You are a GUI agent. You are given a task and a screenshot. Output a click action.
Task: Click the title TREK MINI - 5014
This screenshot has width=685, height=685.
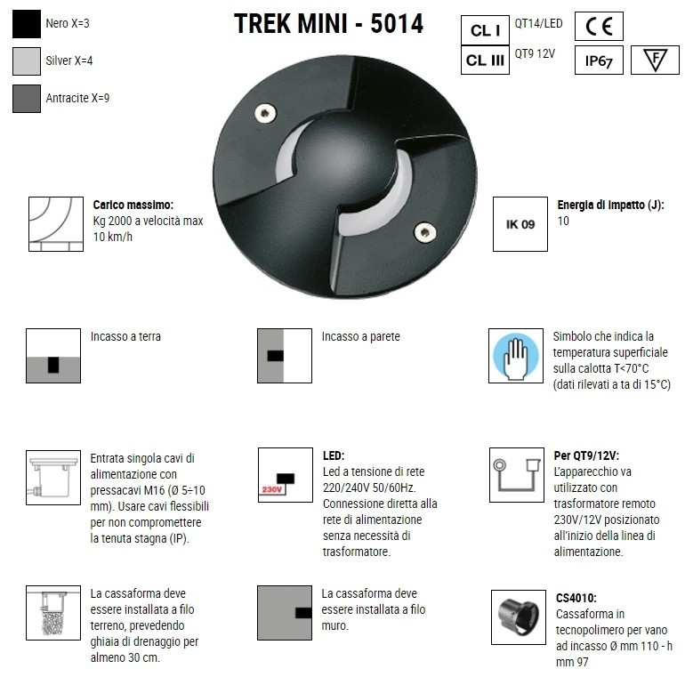tap(328, 24)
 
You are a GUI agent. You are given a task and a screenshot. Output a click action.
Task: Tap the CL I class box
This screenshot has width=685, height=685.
tap(486, 30)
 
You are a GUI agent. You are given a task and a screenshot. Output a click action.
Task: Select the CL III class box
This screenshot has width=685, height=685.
tap(486, 60)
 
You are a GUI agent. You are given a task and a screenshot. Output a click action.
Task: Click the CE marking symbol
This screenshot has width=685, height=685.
tap(599, 27)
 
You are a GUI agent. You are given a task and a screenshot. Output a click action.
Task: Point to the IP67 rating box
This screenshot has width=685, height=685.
tap(599, 60)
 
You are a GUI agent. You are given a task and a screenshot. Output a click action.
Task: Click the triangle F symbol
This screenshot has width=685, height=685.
tap(654, 60)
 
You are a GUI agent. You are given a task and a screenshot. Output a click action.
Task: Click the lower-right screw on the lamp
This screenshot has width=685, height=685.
tap(424, 231)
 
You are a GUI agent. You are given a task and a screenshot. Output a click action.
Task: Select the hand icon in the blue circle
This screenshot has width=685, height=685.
tap(516, 356)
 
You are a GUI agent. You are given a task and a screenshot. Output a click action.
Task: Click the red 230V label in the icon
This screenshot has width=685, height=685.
tap(271, 490)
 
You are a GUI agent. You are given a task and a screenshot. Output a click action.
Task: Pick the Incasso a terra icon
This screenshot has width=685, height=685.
tap(53, 356)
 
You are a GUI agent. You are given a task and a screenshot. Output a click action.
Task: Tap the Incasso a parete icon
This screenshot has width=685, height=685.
tap(284, 356)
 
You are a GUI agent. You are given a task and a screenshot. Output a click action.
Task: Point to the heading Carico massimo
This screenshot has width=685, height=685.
tap(133, 204)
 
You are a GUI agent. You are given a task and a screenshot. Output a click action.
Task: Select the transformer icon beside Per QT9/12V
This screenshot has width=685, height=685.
tap(516, 474)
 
